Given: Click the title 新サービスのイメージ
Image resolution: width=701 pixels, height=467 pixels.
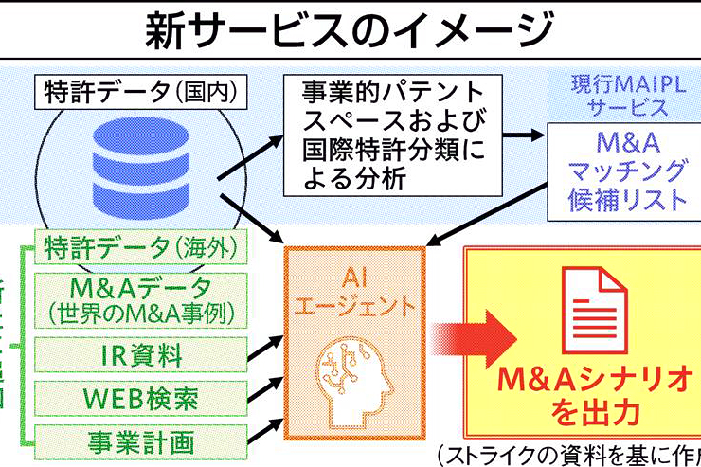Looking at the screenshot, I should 350,31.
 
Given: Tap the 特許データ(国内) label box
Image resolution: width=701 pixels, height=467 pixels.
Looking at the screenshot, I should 141,93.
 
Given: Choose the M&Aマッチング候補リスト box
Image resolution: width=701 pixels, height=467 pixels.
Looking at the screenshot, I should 627,171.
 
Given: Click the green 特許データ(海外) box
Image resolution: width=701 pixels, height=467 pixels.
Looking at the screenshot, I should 140,247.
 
